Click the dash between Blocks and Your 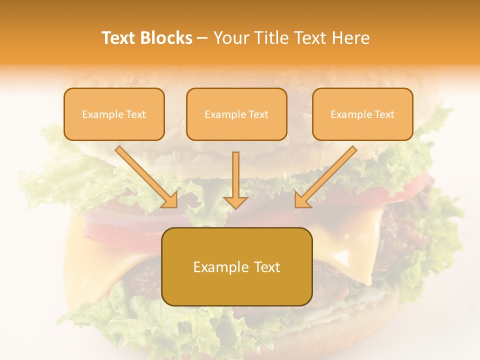[x=202, y=38]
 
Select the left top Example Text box [x=114, y=114]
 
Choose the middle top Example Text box [x=236, y=114]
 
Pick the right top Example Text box [x=362, y=114]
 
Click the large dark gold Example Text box [x=237, y=266]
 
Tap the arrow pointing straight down [x=235, y=180]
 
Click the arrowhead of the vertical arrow [x=235, y=202]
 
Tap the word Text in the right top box [x=384, y=114]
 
